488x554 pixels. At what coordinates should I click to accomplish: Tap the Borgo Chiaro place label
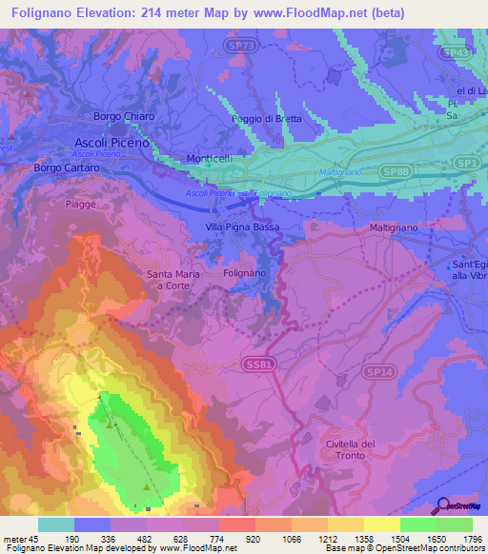point(123,116)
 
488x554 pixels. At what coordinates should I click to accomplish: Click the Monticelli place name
point(210,160)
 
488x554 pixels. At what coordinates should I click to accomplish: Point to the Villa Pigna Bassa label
point(245,227)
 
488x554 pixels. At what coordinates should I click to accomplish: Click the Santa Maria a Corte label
point(173,280)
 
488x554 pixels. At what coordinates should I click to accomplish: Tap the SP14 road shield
point(377,370)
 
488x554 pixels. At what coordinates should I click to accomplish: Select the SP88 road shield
point(399,169)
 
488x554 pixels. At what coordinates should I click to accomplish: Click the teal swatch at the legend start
point(55,524)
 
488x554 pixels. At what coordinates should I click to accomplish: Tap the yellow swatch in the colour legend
point(381,524)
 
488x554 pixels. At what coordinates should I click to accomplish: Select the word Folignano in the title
point(44,12)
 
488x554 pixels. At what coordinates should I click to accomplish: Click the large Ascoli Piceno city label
point(112,141)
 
